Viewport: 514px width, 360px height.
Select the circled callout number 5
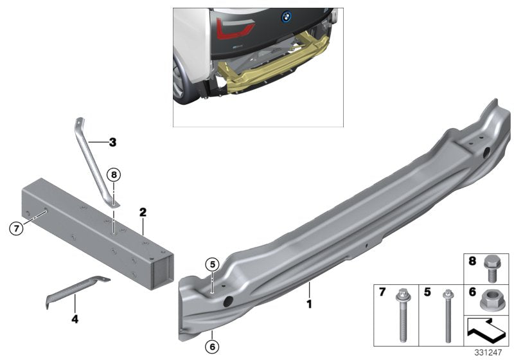coord(213,264)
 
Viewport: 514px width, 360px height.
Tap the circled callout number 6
coord(213,347)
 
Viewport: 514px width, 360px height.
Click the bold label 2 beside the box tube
coord(143,212)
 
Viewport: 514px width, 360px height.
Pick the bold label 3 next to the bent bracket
coord(112,142)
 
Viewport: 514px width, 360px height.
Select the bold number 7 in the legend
coord(382,291)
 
